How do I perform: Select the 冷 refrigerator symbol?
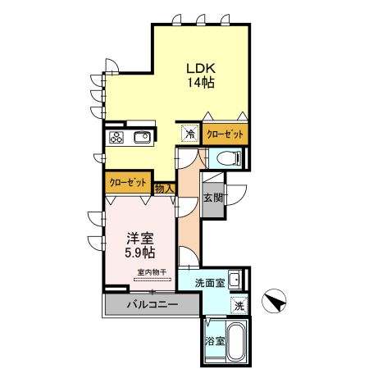[x=189, y=134]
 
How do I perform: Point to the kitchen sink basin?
[x=139, y=137]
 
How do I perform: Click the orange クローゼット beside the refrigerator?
[x=224, y=134]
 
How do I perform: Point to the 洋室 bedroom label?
[x=139, y=238]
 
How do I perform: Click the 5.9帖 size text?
[x=139, y=253]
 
